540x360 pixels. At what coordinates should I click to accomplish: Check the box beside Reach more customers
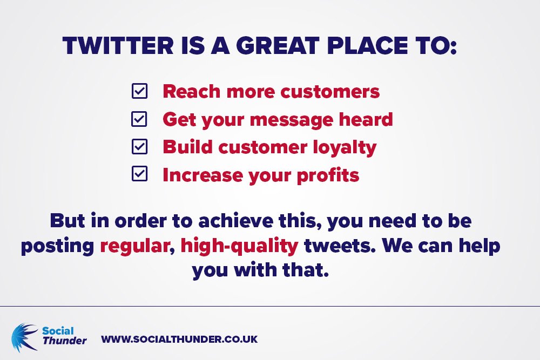coord(139,91)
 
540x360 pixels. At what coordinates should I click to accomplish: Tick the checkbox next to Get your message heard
coord(139,119)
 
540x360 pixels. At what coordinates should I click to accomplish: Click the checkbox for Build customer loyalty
coord(139,146)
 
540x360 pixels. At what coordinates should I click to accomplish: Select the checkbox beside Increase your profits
coord(139,174)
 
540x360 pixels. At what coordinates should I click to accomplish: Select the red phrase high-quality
coord(239,246)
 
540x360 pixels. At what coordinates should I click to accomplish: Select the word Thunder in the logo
coord(64,341)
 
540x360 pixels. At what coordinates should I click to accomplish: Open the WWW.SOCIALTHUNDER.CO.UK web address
coord(179,339)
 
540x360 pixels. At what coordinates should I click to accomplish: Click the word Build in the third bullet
coord(187,147)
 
